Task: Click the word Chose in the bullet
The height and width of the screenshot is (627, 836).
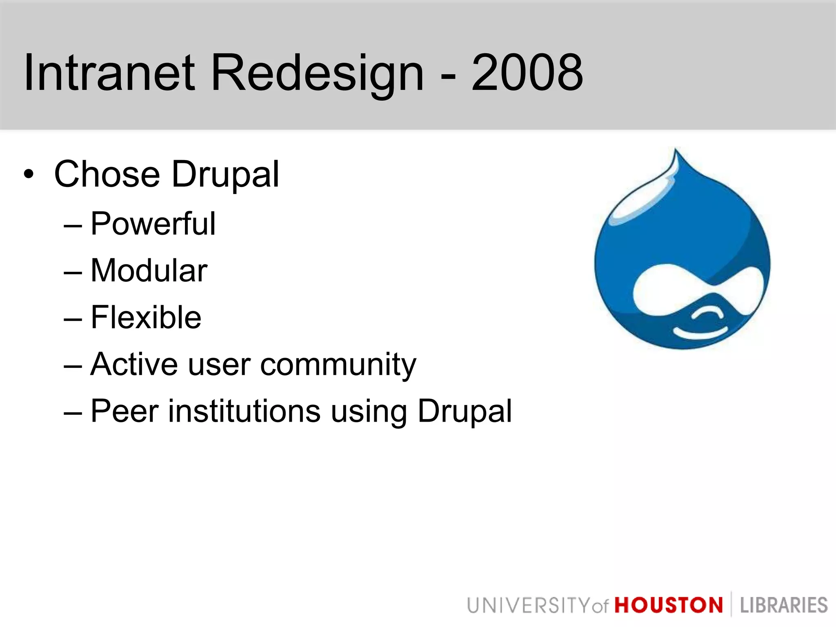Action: click(x=107, y=174)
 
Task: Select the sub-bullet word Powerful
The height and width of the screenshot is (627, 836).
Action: click(x=153, y=224)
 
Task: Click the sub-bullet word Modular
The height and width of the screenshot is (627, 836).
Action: click(x=149, y=271)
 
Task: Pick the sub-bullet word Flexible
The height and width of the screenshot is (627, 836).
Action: click(x=146, y=317)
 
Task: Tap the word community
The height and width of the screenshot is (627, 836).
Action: click(x=338, y=364)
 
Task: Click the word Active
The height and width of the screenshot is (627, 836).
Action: click(x=134, y=364)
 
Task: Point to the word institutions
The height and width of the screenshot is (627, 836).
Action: click(x=245, y=411)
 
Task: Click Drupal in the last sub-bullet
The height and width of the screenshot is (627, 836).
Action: click(x=465, y=411)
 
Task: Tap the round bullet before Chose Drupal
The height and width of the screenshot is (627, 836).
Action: click(x=29, y=175)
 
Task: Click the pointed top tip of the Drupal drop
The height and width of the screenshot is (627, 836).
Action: click(x=676, y=151)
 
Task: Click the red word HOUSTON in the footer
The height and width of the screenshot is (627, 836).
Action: click(x=669, y=605)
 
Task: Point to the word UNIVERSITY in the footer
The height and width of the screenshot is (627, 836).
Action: click(x=529, y=605)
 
